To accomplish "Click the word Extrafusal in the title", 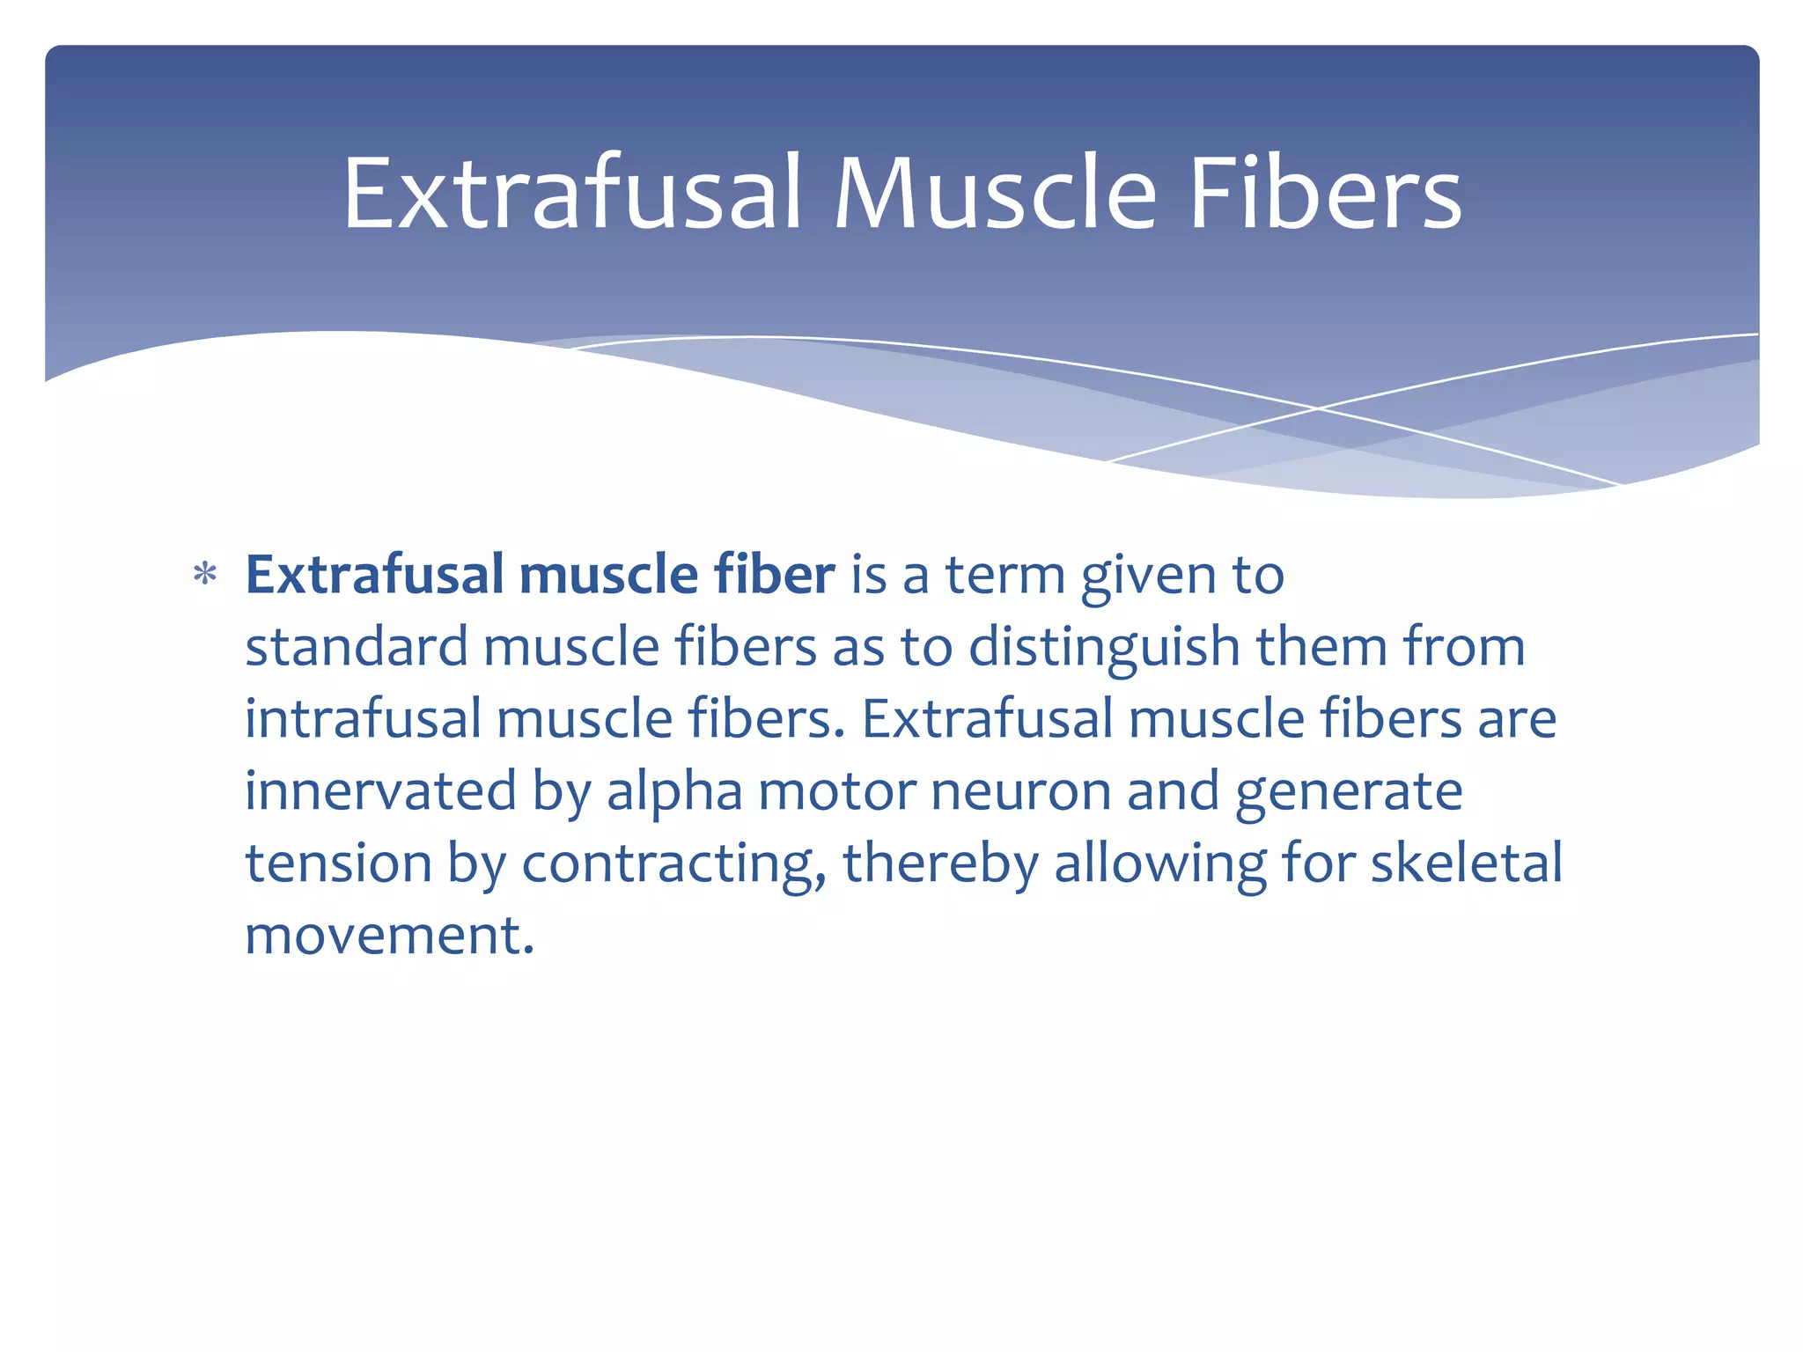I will pos(571,194).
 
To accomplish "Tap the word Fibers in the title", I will pos(1325,194).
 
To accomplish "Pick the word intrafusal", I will pos(363,719).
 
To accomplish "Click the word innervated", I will pos(380,790).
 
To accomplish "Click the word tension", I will pos(338,863).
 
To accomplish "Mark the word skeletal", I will pos(1466,863).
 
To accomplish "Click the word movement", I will pos(388,935).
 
